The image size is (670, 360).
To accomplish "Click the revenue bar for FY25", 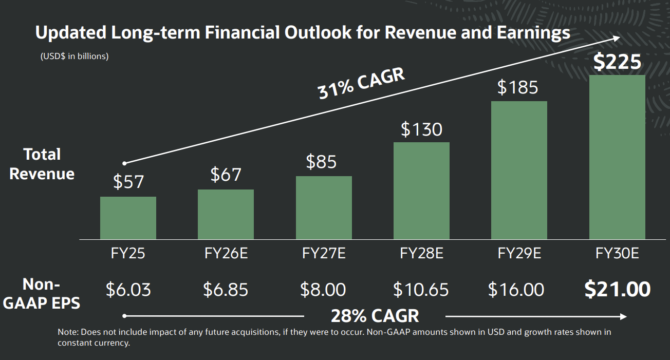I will click(128, 218).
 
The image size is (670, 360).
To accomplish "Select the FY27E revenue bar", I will click(324, 207).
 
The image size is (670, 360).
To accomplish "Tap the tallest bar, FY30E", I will click(617, 157).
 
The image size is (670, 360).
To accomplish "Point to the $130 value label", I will click(421, 129).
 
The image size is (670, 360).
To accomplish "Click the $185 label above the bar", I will click(518, 87).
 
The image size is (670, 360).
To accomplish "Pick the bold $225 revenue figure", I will click(617, 62).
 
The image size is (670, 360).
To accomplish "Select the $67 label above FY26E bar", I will click(226, 175).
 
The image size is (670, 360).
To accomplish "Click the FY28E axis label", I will click(421, 253).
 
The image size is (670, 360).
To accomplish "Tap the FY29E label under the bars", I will click(519, 253).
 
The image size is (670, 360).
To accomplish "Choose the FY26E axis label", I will click(226, 253).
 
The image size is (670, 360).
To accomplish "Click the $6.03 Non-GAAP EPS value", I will click(128, 290).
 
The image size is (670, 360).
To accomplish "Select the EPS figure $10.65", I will click(421, 290).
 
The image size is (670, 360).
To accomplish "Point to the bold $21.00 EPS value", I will click(618, 290).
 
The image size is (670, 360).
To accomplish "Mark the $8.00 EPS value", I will click(323, 290).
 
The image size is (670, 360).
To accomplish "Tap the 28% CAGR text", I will click(375, 315).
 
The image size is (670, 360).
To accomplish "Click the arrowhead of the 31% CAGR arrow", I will click(617, 39).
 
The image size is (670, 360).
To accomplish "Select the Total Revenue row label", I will click(42, 164).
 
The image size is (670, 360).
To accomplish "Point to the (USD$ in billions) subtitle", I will click(75, 56).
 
